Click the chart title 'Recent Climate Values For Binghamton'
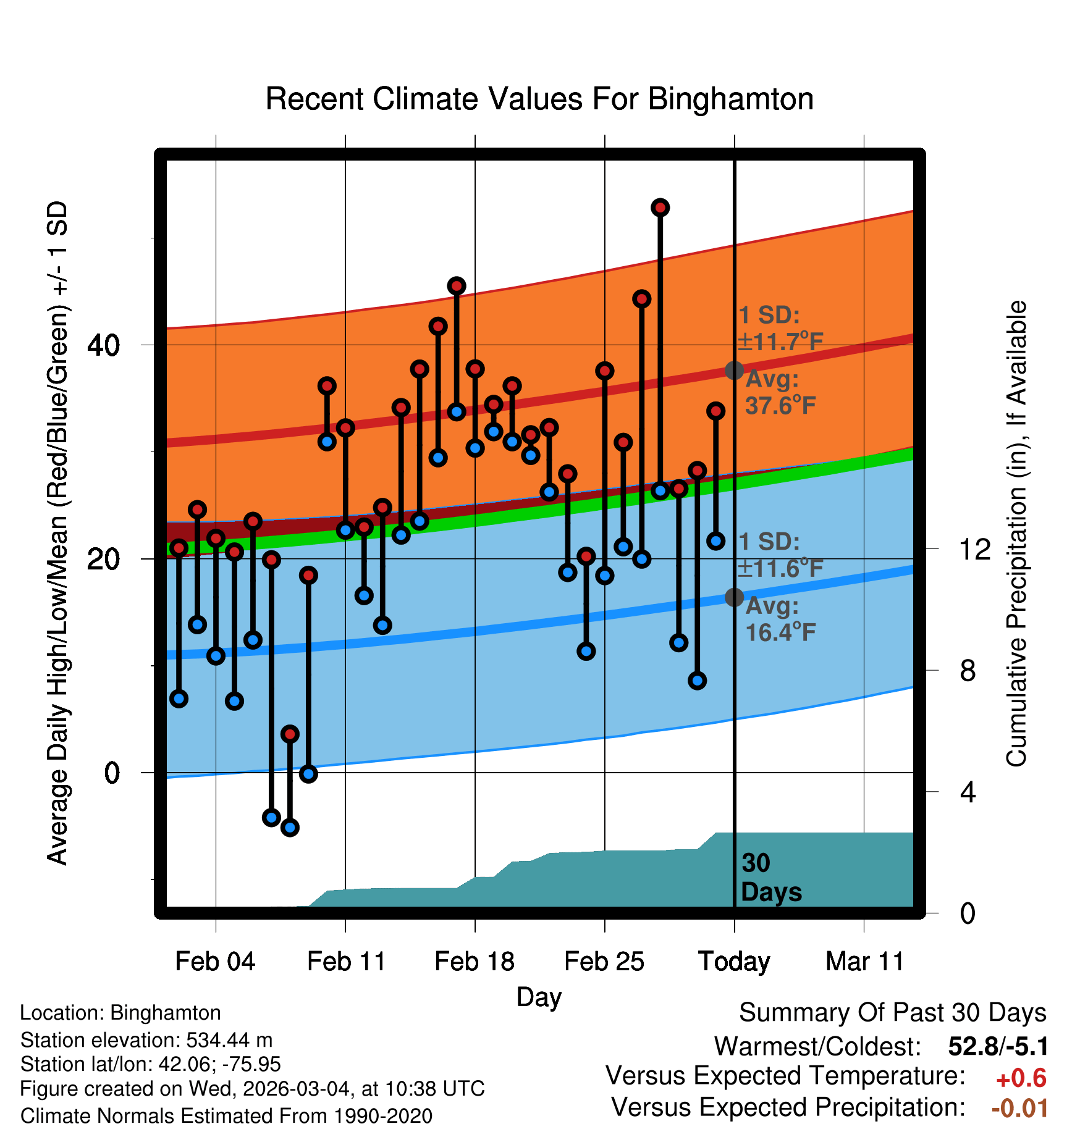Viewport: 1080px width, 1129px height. [x=539, y=99]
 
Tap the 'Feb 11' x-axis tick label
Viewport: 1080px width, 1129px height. [x=346, y=962]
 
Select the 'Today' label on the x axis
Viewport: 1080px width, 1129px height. [x=734, y=962]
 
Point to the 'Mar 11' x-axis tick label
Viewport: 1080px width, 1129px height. [x=864, y=962]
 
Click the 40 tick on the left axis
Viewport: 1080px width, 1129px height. [x=103, y=345]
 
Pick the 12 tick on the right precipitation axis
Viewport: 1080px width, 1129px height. [x=974, y=549]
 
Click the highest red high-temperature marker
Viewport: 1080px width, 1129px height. [x=660, y=208]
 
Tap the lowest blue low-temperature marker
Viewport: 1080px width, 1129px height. [x=290, y=827]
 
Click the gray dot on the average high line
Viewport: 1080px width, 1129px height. [x=734, y=371]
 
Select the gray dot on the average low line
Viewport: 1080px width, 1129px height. [x=734, y=597]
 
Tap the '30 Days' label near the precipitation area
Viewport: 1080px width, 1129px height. [x=770, y=878]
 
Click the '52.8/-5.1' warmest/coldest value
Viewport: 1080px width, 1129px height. [x=998, y=1046]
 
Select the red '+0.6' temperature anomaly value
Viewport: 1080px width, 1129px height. [x=1021, y=1078]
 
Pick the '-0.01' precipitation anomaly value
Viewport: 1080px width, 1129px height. [x=1019, y=1108]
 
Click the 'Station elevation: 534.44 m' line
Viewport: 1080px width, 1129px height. [x=146, y=1040]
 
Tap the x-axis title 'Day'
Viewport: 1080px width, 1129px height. [x=539, y=997]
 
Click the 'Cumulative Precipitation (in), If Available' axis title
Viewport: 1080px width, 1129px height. [x=1016, y=534]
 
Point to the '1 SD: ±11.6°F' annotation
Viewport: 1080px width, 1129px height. [x=780, y=555]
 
